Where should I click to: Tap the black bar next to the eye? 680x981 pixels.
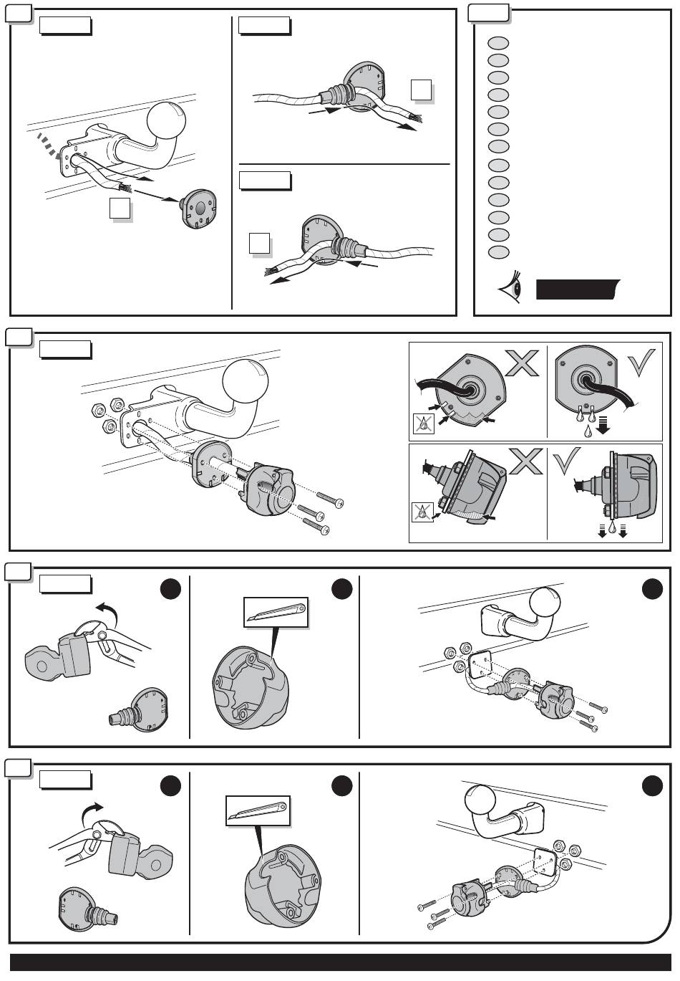[x=576, y=289]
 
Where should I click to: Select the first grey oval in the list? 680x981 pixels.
[x=499, y=42]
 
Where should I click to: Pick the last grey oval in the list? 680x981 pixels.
[x=499, y=252]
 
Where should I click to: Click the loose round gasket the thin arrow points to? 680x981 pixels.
[x=198, y=208]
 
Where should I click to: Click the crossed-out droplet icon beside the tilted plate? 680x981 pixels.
[x=424, y=424]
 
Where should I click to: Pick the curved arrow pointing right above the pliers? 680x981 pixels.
[x=92, y=811]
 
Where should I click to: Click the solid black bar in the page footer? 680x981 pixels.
[x=340, y=963]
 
